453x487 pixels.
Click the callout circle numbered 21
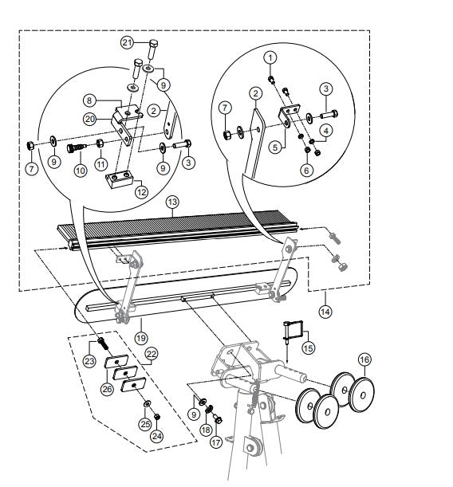point(127,42)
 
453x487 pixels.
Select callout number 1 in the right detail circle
point(270,57)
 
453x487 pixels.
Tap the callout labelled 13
point(172,202)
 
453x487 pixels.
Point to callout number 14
point(325,311)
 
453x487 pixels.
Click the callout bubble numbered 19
point(141,338)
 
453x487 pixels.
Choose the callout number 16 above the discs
point(364,359)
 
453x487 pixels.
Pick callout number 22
point(152,354)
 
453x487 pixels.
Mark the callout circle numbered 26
point(108,389)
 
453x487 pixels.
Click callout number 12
point(141,192)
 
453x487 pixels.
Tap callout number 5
point(275,147)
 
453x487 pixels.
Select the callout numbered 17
point(216,442)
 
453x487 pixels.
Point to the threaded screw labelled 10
point(77,147)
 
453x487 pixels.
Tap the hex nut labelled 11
point(100,143)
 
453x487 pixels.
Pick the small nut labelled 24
point(157,416)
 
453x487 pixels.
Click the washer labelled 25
point(147,404)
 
